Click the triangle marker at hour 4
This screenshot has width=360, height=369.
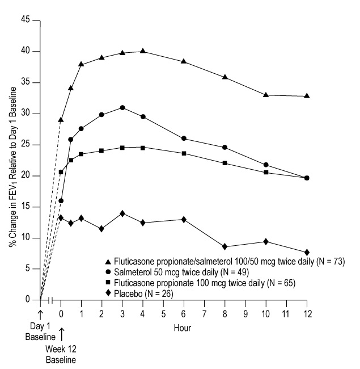pyautogui.click(x=142, y=51)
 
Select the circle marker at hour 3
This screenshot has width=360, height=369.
pyautogui.click(x=122, y=107)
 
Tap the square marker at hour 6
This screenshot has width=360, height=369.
pyautogui.click(x=184, y=153)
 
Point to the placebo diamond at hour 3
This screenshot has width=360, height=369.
pyautogui.click(x=122, y=213)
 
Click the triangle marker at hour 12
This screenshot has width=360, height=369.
pyautogui.click(x=307, y=96)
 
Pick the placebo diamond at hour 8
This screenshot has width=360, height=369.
pyautogui.click(x=225, y=246)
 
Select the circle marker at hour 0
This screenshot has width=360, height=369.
pyautogui.click(x=61, y=200)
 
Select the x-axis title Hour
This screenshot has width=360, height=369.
pyautogui.click(x=183, y=328)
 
